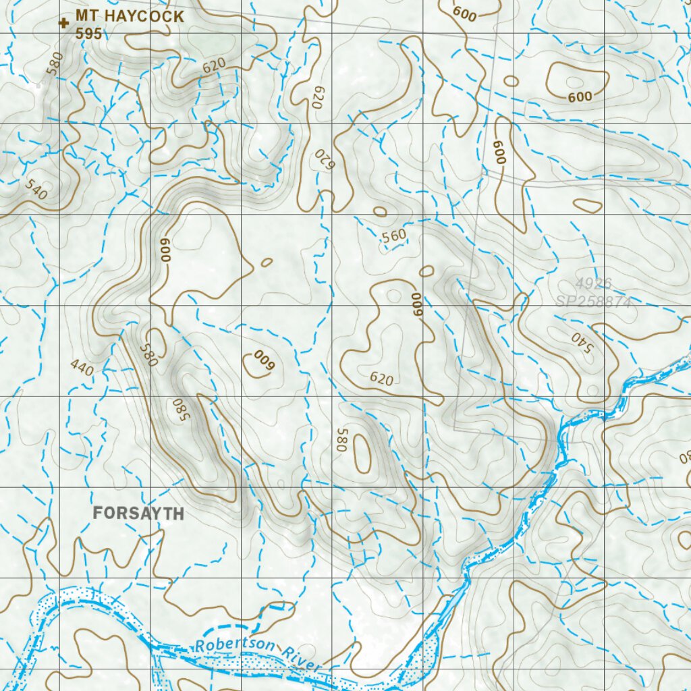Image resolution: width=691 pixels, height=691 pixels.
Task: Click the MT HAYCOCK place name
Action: point(129,16)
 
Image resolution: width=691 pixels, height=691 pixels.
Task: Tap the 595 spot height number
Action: point(88,33)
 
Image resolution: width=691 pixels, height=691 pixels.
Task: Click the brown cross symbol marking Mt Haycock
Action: point(64,24)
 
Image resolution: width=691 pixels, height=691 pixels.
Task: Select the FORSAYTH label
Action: point(138,513)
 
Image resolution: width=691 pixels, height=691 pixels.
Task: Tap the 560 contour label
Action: point(393,236)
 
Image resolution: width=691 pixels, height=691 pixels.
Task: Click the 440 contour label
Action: point(82,368)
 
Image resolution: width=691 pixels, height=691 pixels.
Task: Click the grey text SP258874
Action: point(593,302)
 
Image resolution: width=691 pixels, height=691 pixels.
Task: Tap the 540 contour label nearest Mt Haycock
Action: point(36,190)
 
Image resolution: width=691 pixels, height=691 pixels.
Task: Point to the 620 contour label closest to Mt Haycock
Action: point(214,65)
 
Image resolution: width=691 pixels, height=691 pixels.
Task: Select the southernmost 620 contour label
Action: point(381,379)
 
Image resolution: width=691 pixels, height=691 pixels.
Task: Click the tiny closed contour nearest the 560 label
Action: point(380,211)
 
